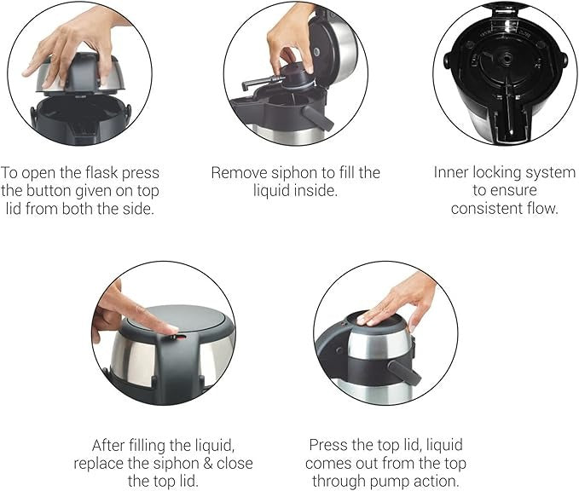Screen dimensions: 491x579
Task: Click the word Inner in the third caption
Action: click(452, 173)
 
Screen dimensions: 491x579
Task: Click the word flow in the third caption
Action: click(541, 208)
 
